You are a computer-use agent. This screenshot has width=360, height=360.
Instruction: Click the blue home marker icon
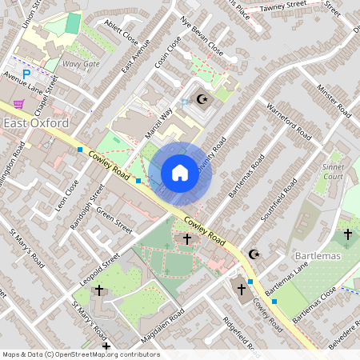pyautogui.click(x=180, y=173)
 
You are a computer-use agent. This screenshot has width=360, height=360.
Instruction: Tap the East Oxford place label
pyautogui.click(x=35, y=122)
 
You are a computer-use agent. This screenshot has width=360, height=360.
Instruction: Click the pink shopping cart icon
pyautogui.click(x=18, y=104)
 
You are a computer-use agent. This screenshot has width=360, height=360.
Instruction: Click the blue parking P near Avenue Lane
pyautogui.click(x=26, y=74)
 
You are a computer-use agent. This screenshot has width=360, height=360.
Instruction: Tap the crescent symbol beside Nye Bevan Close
pyautogui.click(x=202, y=101)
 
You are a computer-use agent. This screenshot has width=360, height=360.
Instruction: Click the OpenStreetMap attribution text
pyautogui.click(x=81, y=354)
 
